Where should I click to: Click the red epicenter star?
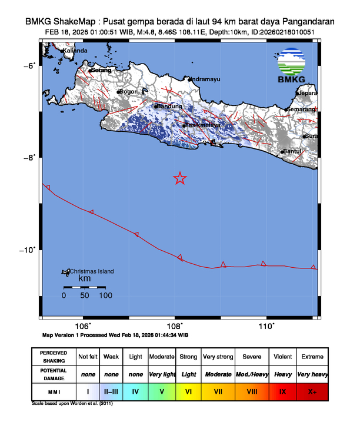[181, 178]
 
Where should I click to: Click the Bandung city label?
[169, 106]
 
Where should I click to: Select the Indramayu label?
[205, 78]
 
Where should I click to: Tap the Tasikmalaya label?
[203, 125]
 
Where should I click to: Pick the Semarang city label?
[301, 109]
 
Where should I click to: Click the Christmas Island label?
[92, 271]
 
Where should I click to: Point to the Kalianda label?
[75, 51]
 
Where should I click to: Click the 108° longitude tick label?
[175, 326]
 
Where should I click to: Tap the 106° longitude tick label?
[83, 326]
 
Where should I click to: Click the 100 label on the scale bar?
[105, 295]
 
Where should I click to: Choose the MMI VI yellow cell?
[189, 390]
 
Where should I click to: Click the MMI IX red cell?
[283, 390]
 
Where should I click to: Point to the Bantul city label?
[292, 151]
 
